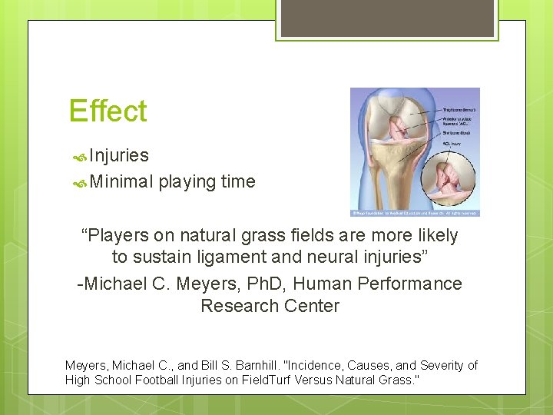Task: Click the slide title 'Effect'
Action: click(108, 111)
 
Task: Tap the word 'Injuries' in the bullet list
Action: click(119, 155)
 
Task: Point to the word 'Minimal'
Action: click(121, 181)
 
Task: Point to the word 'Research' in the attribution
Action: click(235, 306)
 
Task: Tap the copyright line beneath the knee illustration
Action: click(415, 213)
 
